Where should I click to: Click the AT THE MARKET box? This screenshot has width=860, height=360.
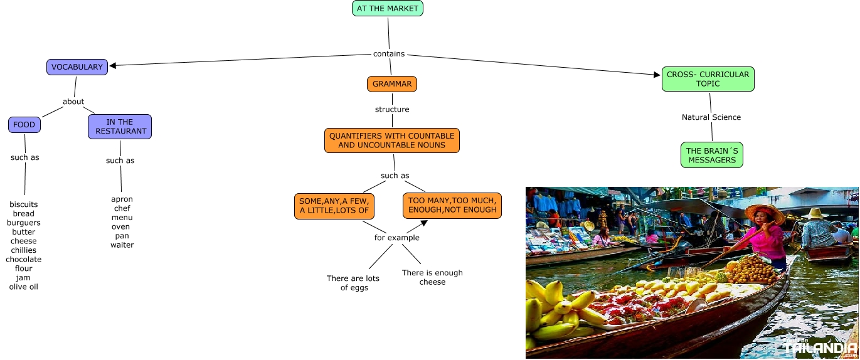(x=388, y=8)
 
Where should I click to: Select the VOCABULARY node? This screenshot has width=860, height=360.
(x=77, y=67)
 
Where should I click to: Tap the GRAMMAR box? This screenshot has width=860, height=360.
(x=392, y=84)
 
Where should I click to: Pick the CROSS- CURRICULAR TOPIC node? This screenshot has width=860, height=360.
(x=708, y=79)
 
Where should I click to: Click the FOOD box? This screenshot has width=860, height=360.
(x=24, y=125)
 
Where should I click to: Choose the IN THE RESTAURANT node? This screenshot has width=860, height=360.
(x=120, y=127)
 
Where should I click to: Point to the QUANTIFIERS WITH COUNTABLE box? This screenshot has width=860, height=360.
(x=392, y=140)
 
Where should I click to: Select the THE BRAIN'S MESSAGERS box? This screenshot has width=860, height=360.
(x=712, y=156)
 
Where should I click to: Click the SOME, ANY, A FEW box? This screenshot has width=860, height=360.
(x=334, y=206)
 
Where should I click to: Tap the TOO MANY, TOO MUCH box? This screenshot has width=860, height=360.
(x=452, y=205)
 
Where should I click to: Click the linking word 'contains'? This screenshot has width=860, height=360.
(x=389, y=54)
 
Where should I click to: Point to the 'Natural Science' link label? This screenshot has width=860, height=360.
(x=711, y=117)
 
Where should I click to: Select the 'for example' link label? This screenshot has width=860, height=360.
(x=397, y=238)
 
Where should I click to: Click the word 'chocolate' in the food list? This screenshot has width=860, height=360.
(x=24, y=260)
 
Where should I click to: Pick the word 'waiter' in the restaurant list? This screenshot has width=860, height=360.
(x=122, y=245)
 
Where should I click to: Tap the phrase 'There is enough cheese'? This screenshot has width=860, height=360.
(x=432, y=277)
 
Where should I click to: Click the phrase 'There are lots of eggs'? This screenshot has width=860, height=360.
(x=353, y=283)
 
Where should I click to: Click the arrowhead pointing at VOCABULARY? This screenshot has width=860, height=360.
(x=114, y=65)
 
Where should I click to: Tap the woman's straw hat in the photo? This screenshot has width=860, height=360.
(x=765, y=213)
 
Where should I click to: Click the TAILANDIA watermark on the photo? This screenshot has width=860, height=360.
(x=820, y=347)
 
